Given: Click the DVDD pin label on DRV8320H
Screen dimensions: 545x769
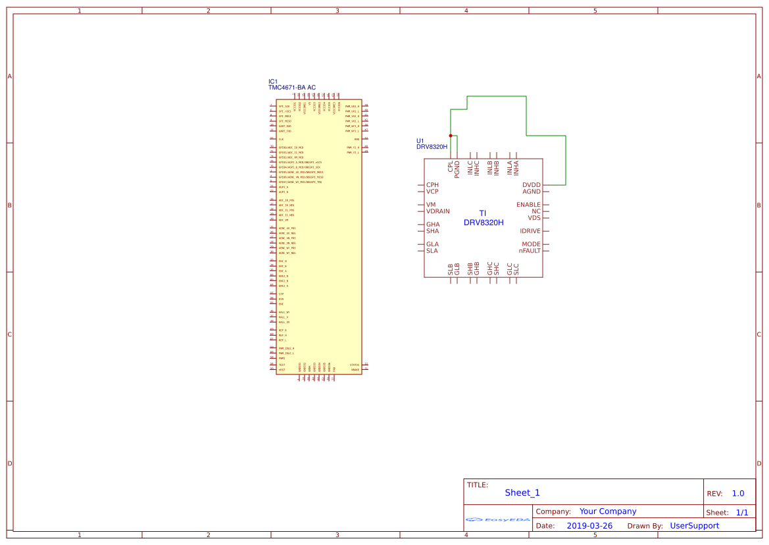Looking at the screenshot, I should pyautogui.click(x=532, y=185).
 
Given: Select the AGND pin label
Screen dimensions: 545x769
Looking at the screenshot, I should pyautogui.click(x=532, y=192).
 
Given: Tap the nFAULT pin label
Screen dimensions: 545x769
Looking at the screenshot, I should pyautogui.click(x=530, y=251).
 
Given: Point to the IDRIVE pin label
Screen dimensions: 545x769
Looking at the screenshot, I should pyautogui.click(x=530, y=231).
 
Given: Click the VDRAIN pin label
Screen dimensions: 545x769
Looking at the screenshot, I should pyautogui.click(x=438, y=211).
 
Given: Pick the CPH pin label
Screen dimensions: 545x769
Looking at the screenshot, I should pyautogui.click(x=432, y=185).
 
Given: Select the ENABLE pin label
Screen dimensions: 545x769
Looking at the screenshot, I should pyautogui.click(x=528, y=205).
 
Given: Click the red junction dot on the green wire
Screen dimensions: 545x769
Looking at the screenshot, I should pyautogui.click(x=451, y=135).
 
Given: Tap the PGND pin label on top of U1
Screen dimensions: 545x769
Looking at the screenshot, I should pyautogui.click(x=457, y=167).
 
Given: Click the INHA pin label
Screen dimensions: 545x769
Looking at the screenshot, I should pyautogui.click(x=516, y=167).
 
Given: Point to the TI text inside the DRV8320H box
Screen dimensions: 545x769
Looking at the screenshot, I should pyautogui.click(x=482, y=213).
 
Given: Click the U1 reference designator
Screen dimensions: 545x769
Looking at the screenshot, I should pyautogui.click(x=420, y=141).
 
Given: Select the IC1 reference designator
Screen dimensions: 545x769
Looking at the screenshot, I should pyautogui.click(x=273, y=82).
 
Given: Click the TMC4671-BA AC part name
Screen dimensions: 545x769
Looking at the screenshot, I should pyautogui.click(x=291, y=88).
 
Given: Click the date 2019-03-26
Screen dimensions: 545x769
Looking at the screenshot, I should pyautogui.click(x=589, y=526).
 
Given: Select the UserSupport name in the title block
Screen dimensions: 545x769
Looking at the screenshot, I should pyautogui.click(x=694, y=526).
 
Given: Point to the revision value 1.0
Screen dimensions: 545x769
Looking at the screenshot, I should pyautogui.click(x=737, y=493).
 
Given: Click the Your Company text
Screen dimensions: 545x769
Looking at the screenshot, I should pyautogui.click(x=608, y=511).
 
